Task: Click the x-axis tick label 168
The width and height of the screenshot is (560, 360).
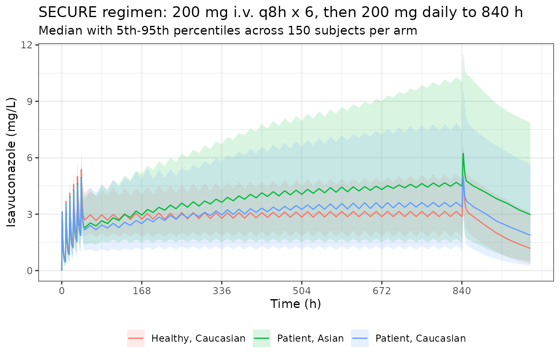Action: pos(142,291)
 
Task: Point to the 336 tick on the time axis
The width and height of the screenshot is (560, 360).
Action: pos(222,291)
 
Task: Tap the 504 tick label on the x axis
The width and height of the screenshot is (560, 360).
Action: pos(302,291)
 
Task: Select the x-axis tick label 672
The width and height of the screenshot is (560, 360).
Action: pos(382,291)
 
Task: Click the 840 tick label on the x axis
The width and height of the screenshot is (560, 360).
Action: pos(462,291)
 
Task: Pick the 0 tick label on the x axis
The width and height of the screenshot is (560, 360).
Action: pos(62,291)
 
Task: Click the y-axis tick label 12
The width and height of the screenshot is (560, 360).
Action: pos(27,45)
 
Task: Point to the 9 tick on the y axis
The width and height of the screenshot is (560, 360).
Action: pos(30,102)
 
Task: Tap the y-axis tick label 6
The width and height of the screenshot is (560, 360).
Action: pos(30,158)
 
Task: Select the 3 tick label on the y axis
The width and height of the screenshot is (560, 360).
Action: pos(30,214)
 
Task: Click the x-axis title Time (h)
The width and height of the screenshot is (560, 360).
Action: pos(296,304)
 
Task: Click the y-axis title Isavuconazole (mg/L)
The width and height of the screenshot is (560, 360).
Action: pos(11,162)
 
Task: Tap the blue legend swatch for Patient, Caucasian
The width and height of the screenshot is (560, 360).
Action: pos(360,338)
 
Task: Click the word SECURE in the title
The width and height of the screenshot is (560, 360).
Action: pos(68,12)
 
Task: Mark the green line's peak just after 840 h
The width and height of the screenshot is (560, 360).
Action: pos(463,153)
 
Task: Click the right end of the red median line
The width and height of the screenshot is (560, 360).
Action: pos(530,248)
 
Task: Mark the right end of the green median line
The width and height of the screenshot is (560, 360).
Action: pos(530,215)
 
